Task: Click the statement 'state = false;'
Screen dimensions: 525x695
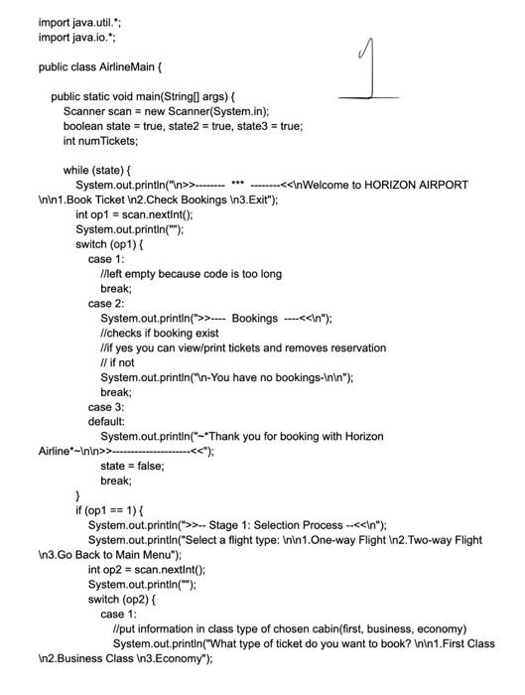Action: pos(132,465)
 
